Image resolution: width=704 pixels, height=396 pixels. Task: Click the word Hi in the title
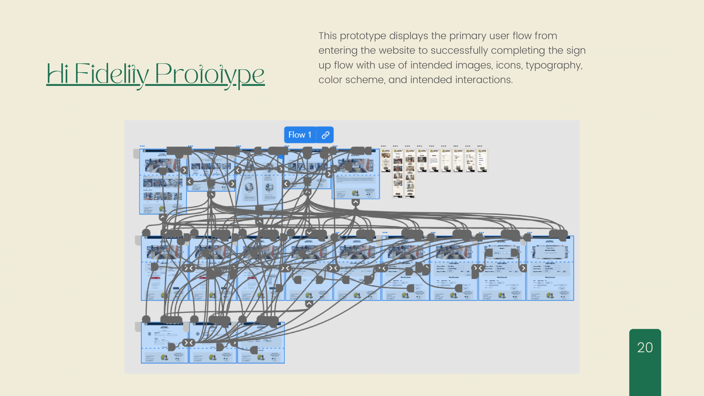tap(57, 74)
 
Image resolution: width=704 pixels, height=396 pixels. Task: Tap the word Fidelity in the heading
tap(112, 74)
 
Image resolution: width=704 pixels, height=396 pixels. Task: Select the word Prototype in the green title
tap(210, 74)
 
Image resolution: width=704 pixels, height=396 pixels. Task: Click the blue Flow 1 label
tap(300, 135)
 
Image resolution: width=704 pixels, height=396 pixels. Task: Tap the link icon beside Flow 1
tap(326, 135)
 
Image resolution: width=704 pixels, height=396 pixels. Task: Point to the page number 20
tap(645, 348)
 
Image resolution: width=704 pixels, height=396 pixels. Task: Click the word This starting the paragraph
tap(328, 36)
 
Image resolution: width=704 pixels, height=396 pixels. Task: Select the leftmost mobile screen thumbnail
tap(386, 161)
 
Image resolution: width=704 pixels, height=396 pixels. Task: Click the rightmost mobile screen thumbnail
tap(482, 161)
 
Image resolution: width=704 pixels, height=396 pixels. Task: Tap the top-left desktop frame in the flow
tap(163, 182)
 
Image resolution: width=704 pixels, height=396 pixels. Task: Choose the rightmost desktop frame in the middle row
tap(550, 268)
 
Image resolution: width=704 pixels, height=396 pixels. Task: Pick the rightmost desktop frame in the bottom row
tap(261, 343)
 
